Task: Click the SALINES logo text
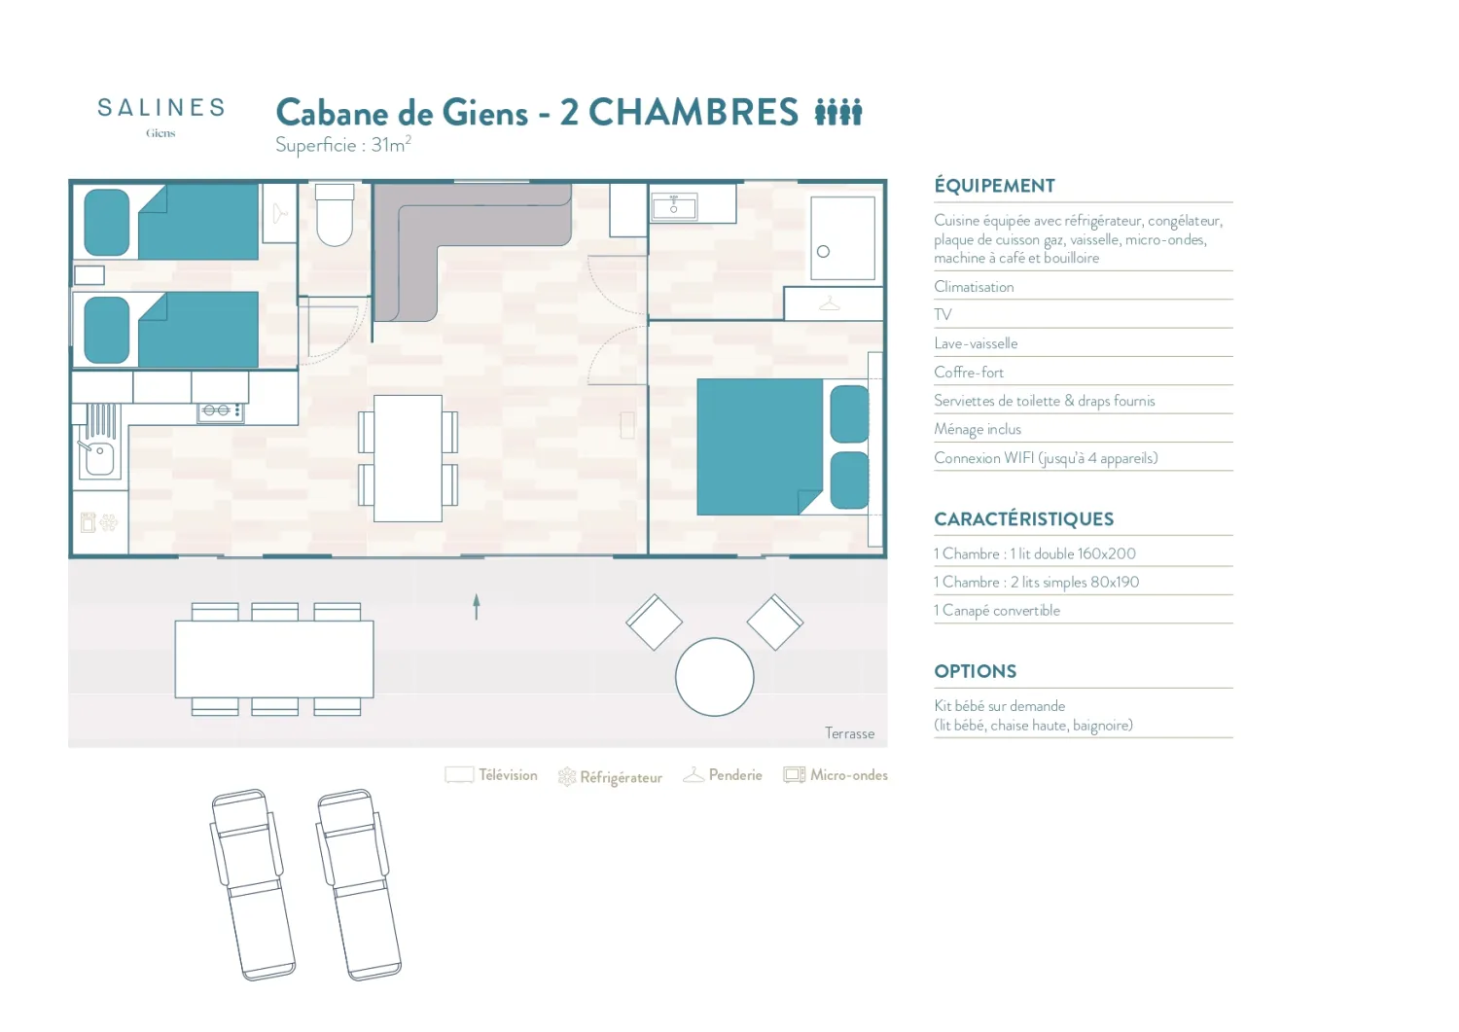[160, 108]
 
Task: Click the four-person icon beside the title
[838, 112]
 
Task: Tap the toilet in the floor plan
[335, 214]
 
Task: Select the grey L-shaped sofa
[456, 241]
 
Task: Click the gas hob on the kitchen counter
[221, 411]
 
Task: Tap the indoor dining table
[408, 458]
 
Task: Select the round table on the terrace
[715, 677]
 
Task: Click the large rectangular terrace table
[274, 659]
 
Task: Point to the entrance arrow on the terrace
[477, 607]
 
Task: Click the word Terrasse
[849, 733]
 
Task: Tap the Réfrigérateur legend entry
[610, 776]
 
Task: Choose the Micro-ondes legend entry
[836, 774]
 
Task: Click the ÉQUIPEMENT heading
[995, 186]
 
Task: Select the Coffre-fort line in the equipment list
[969, 372]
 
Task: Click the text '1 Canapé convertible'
[997, 611]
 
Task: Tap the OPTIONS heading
[975, 671]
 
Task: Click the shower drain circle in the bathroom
[823, 252]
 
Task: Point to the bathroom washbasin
[674, 206]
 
